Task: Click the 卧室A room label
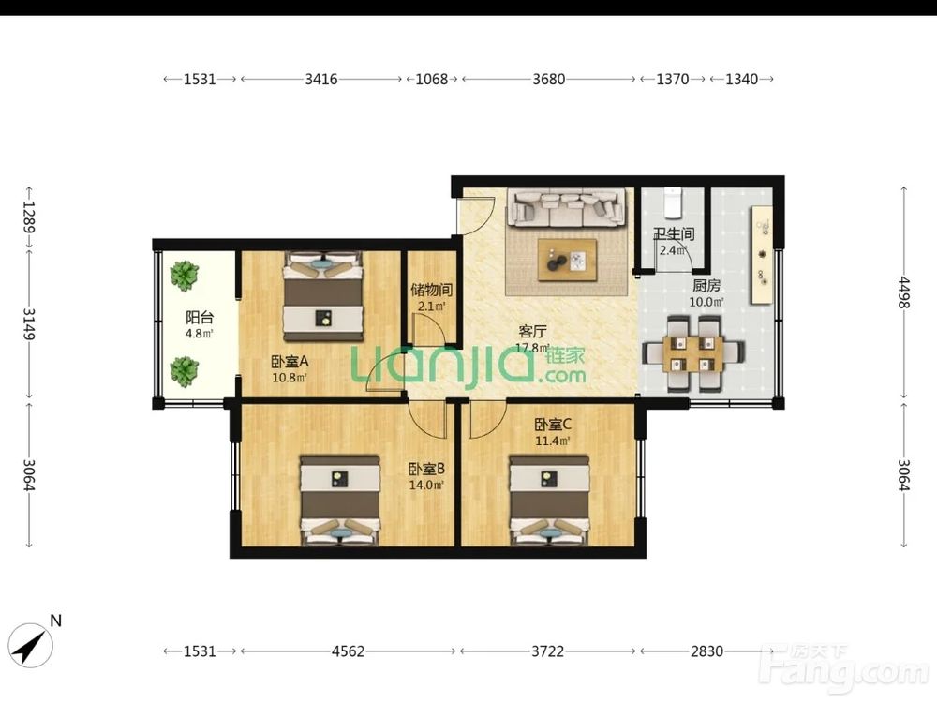[x=290, y=362]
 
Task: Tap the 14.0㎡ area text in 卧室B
[x=426, y=485]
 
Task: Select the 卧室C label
[x=553, y=425]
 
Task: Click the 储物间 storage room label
[x=431, y=291]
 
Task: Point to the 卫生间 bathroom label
[x=674, y=234]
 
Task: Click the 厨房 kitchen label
[x=706, y=286]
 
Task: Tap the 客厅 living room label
[x=532, y=332]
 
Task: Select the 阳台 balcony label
[x=199, y=318]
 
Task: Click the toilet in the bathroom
[x=673, y=202]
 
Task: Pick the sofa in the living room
[x=567, y=207]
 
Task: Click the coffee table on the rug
[x=567, y=260]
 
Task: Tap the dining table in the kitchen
[x=693, y=353]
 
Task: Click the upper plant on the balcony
[x=184, y=276]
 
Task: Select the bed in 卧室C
[x=549, y=501]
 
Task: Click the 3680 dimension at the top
[x=548, y=79]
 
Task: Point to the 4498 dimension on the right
[x=904, y=292]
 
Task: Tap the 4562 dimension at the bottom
[x=348, y=651]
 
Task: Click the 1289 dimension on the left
[x=29, y=217]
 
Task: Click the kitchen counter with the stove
[x=762, y=255]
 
